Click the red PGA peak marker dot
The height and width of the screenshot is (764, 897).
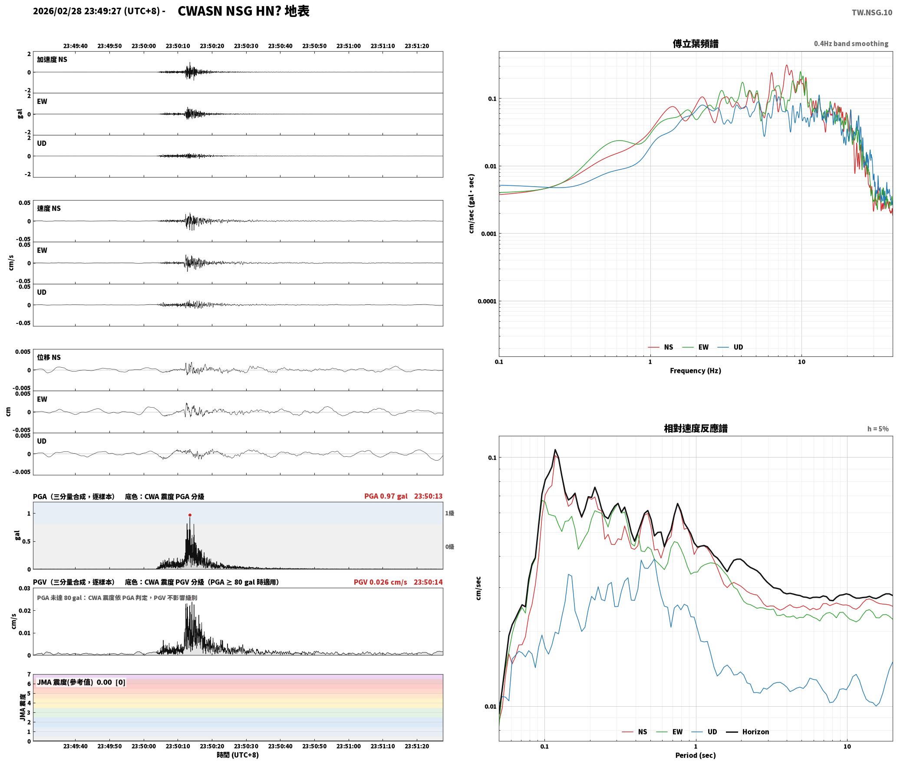pyautogui.click(x=190, y=515)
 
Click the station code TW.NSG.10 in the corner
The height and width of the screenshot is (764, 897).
pyautogui.click(x=872, y=12)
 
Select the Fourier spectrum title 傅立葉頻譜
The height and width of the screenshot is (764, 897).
pyautogui.click(x=695, y=43)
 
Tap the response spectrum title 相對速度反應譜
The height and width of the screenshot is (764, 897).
pyautogui.click(x=696, y=428)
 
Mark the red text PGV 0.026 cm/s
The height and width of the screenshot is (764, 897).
pyautogui.click(x=380, y=582)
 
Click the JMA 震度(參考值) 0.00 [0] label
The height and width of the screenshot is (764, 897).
pyautogui.click(x=81, y=682)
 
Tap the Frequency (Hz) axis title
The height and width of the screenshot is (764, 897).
pyautogui.click(x=695, y=370)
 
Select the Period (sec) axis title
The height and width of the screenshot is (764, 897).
pyautogui.click(x=695, y=755)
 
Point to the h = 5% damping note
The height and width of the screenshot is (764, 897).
pyautogui.click(x=878, y=429)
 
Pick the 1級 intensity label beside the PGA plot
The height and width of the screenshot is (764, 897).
pyautogui.click(x=449, y=513)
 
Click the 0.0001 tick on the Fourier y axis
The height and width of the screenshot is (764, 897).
pyautogui.click(x=487, y=301)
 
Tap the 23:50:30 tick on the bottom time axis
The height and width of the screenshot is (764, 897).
pyautogui.click(x=246, y=746)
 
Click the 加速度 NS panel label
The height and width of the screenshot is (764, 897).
pyautogui.click(x=52, y=59)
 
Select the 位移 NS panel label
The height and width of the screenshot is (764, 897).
pyautogui.click(x=49, y=357)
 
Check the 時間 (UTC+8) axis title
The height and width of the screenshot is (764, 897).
pyautogui.click(x=238, y=755)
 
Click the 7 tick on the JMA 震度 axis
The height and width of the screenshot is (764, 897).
pyautogui.click(x=29, y=675)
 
